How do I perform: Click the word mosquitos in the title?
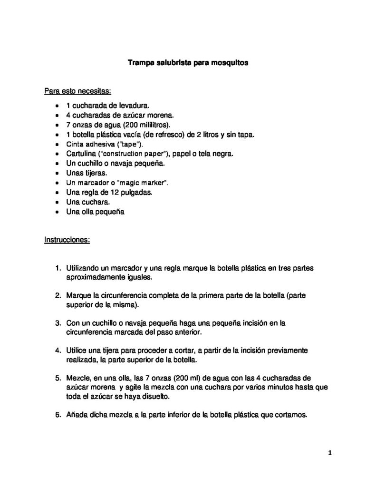[230, 62]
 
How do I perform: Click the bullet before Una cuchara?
[57, 203]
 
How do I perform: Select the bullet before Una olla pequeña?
[57, 212]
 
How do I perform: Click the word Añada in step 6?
[78, 415]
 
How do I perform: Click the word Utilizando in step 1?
[85, 268]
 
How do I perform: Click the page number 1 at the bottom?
[329, 453]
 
